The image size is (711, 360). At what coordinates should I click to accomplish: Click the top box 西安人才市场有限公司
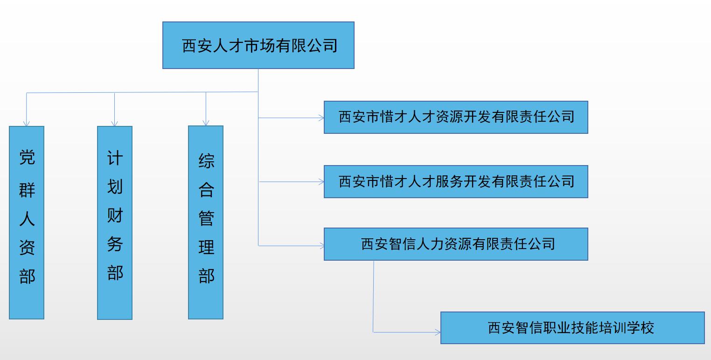tap(258, 45)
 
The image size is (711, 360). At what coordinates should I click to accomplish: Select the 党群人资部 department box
tap(27, 222)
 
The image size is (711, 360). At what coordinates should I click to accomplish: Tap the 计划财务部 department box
tap(115, 222)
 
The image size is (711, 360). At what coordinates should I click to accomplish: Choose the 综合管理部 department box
tap(206, 222)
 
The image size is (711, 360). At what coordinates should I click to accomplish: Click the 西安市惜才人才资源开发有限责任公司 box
tap(456, 117)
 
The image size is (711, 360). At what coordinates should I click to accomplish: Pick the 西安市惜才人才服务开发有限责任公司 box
tap(456, 181)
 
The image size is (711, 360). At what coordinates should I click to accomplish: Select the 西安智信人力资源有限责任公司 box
tap(456, 244)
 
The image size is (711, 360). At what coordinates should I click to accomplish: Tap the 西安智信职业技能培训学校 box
tap(572, 328)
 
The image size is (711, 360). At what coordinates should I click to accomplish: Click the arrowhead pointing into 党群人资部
tap(27, 124)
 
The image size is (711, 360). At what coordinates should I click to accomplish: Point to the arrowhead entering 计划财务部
tap(115, 124)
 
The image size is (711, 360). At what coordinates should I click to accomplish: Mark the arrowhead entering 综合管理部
tap(206, 123)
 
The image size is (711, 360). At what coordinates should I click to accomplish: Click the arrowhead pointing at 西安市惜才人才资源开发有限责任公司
tap(321, 118)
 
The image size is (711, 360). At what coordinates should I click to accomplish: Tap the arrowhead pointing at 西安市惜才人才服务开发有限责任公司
tap(321, 182)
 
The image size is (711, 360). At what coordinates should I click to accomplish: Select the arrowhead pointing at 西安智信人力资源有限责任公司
tap(321, 245)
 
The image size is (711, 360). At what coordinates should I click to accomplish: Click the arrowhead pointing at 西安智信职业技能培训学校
tap(438, 332)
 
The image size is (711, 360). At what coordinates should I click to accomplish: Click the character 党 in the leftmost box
tap(27, 158)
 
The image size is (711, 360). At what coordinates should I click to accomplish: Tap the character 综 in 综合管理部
tap(206, 161)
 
